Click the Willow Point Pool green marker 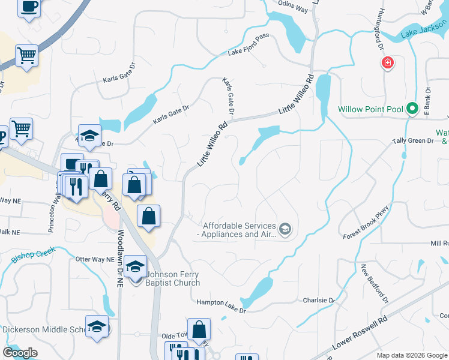[x=412, y=109]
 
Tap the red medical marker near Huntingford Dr [x=388, y=62]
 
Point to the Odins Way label [x=294, y=8]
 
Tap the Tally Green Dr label [x=413, y=140]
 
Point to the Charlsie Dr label [x=318, y=300]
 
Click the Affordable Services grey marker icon [x=285, y=229]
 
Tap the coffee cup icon [x=29, y=7]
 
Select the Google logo [x=20, y=352]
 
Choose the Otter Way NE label [x=93, y=259]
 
